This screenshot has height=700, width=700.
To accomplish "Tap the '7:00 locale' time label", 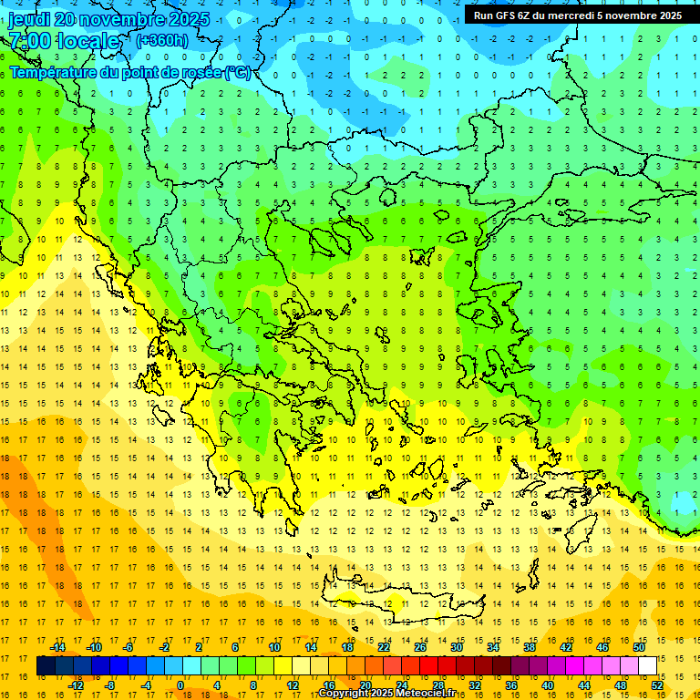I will pyautogui.click(x=65, y=41).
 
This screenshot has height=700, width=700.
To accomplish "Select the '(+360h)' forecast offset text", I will pyautogui.click(x=162, y=40).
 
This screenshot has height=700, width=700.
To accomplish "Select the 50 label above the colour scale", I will pyautogui.click(x=639, y=647).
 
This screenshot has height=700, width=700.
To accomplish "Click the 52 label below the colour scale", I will pyautogui.click(x=657, y=685).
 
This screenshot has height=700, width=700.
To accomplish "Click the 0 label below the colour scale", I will pyautogui.click(x=180, y=685).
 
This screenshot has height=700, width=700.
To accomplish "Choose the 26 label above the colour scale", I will pyautogui.click(x=420, y=647).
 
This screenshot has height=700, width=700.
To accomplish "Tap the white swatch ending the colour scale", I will pyautogui.click(x=648, y=666).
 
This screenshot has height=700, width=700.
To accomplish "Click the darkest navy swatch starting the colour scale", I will pyautogui.click(x=46, y=666).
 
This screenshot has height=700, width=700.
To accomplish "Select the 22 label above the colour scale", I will pyautogui.click(x=384, y=647).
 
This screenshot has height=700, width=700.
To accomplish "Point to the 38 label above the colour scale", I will pyautogui.click(x=530, y=647).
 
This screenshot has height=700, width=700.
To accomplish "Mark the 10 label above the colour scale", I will pyautogui.click(x=274, y=647).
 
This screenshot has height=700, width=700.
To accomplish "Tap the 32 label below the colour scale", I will pyautogui.click(x=475, y=685).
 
